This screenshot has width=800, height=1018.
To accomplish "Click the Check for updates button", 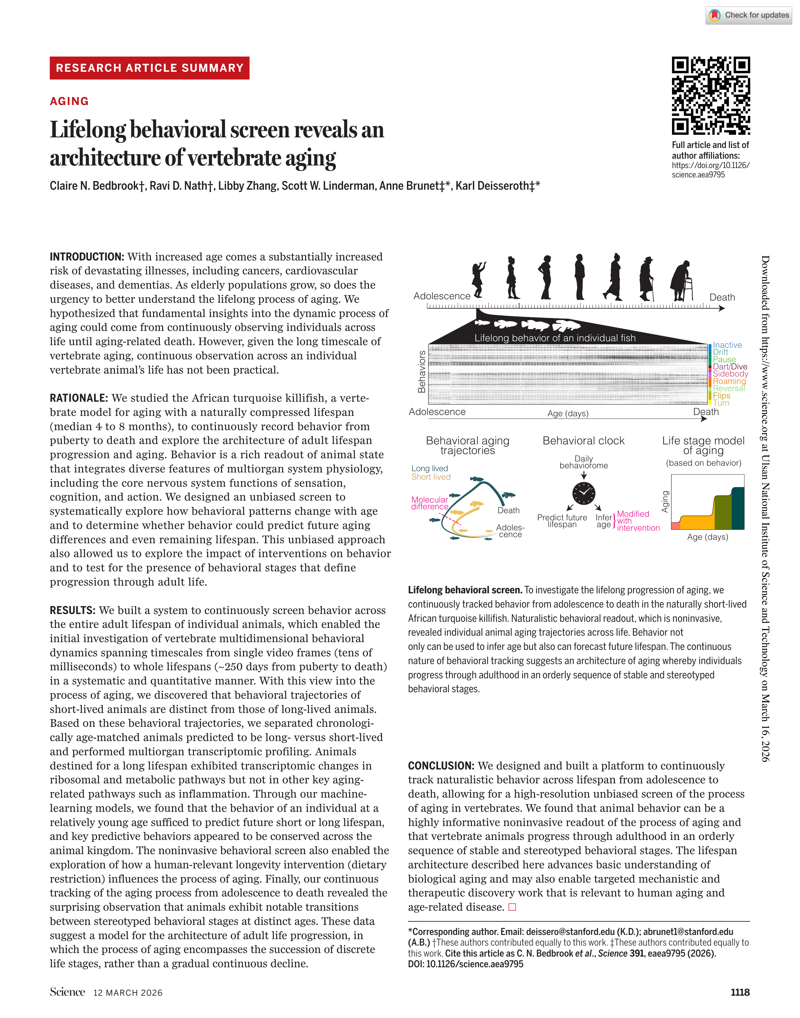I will pyautogui.click(x=749, y=15).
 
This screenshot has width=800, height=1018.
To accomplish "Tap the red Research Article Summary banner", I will pyautogui.click(x=149, y=68).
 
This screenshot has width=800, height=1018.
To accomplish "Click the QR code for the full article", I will pyautogui.click(x=710, y=96).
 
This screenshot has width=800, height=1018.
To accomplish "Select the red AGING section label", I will pyautogui.click(x=69, y=101).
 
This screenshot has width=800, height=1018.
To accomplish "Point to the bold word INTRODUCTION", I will pyautogui.click(x=87, y=257).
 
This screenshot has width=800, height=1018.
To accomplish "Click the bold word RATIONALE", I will pyautogui.click(x=79, y=398).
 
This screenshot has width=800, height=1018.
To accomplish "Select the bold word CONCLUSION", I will pyautogui.click(x=441, y=766).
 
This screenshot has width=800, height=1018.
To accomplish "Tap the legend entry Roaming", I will pyautogui.click(x=729, y=381).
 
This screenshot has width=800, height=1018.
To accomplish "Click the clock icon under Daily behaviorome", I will pyautogui.click(x=584, y=493).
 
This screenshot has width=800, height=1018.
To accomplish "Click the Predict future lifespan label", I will pyautogui.click(x=561, y=521).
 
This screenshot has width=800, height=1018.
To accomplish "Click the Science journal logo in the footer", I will pyautogui.click(x=68, y=992).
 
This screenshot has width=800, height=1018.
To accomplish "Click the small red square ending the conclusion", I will pyautogui.click(x=512, y=907).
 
